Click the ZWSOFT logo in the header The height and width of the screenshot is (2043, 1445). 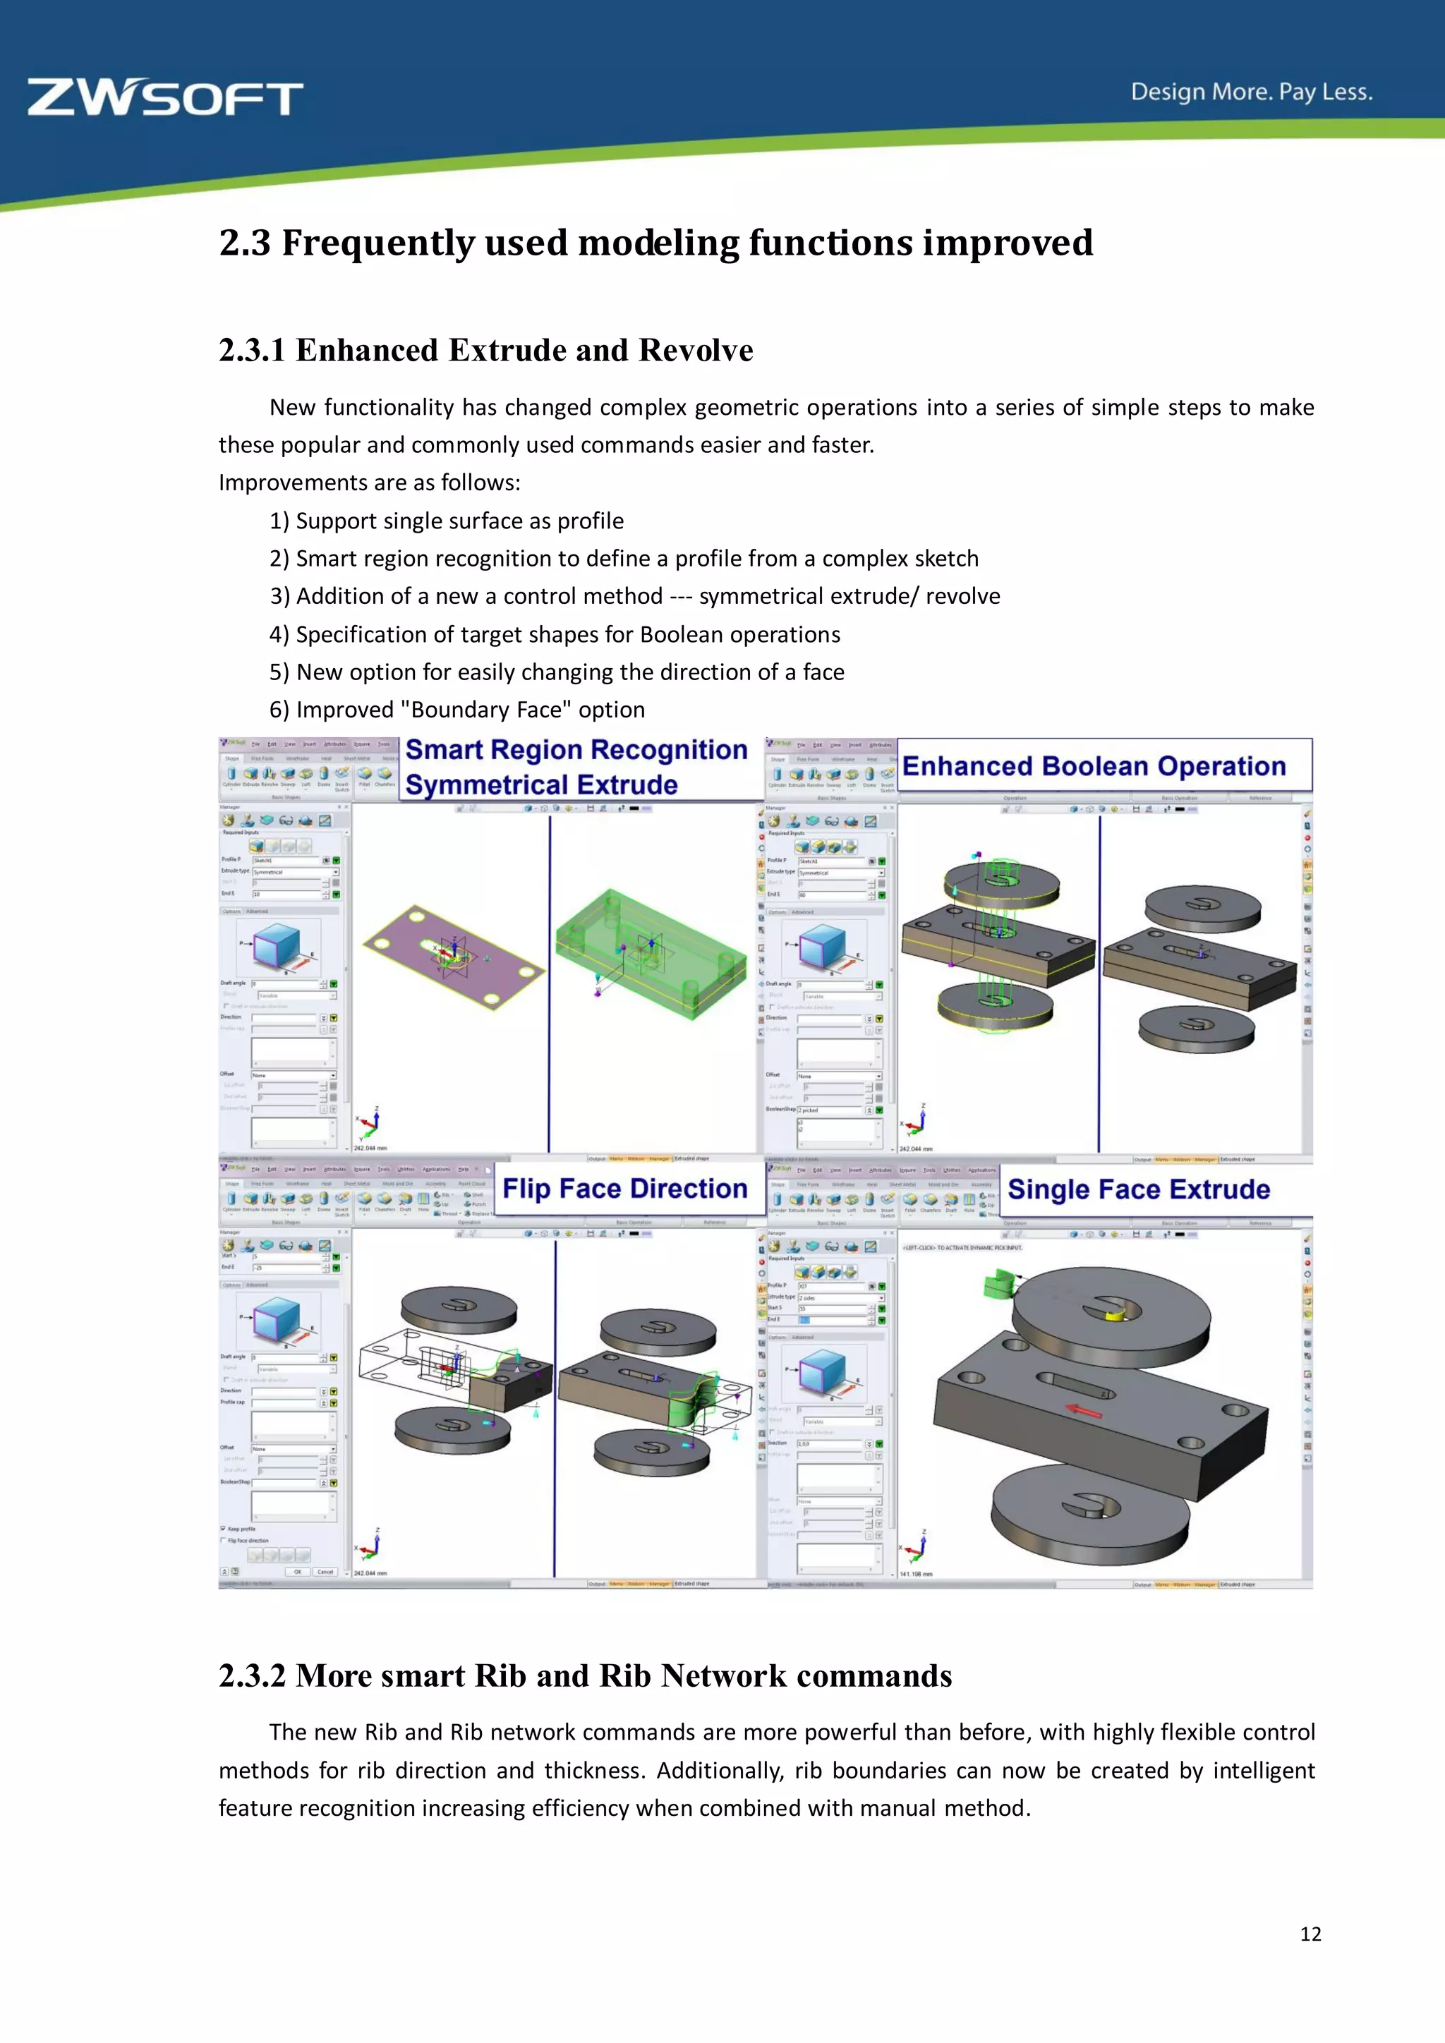166,98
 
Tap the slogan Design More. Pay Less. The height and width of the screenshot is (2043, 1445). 1251,92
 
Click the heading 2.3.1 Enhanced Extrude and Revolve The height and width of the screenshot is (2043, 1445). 486,351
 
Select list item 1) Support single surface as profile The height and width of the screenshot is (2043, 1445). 447,521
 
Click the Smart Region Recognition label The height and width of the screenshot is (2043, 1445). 576,750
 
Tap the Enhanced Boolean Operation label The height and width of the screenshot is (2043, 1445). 1094,766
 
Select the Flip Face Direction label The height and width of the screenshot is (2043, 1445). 624,1189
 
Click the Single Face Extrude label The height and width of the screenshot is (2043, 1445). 1138,1189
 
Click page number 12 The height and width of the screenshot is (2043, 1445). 1310,1934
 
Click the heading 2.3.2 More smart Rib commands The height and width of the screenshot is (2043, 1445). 585,1675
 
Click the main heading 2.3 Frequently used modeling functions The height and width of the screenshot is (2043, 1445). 655,243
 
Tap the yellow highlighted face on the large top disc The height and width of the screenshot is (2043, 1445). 1116,1314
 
